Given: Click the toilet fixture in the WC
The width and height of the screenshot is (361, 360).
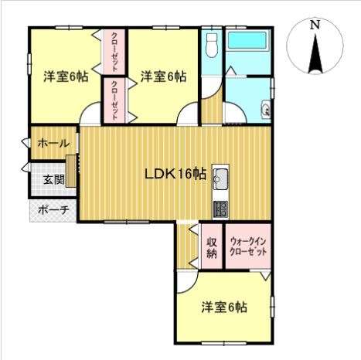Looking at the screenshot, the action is point(212,46).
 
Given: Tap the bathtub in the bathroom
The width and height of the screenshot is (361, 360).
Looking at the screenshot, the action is point(247,40).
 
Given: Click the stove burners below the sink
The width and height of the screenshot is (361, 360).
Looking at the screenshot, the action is point(220,209).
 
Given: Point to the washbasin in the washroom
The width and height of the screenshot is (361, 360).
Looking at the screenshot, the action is point(266,109).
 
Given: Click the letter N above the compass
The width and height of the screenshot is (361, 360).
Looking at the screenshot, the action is point(315,25).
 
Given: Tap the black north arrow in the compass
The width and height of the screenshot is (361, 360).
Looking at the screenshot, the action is point(315,54).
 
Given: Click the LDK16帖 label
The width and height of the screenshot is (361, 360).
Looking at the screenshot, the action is point(175,175).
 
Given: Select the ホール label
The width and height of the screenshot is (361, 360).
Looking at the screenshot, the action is point(53,143).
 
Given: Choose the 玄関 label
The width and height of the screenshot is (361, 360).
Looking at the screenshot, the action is point(54,179).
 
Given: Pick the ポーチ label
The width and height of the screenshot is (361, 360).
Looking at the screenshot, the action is point(53,210).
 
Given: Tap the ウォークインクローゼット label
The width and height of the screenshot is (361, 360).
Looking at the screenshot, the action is point(248,246).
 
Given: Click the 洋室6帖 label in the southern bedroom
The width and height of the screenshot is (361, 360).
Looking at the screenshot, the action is point(224,307).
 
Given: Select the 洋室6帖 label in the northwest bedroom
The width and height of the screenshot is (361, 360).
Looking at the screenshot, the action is point(66,76).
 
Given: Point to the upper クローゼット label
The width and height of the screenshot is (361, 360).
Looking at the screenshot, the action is point(114,52).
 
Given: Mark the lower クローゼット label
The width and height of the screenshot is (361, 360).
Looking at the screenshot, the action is point(114,100).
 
